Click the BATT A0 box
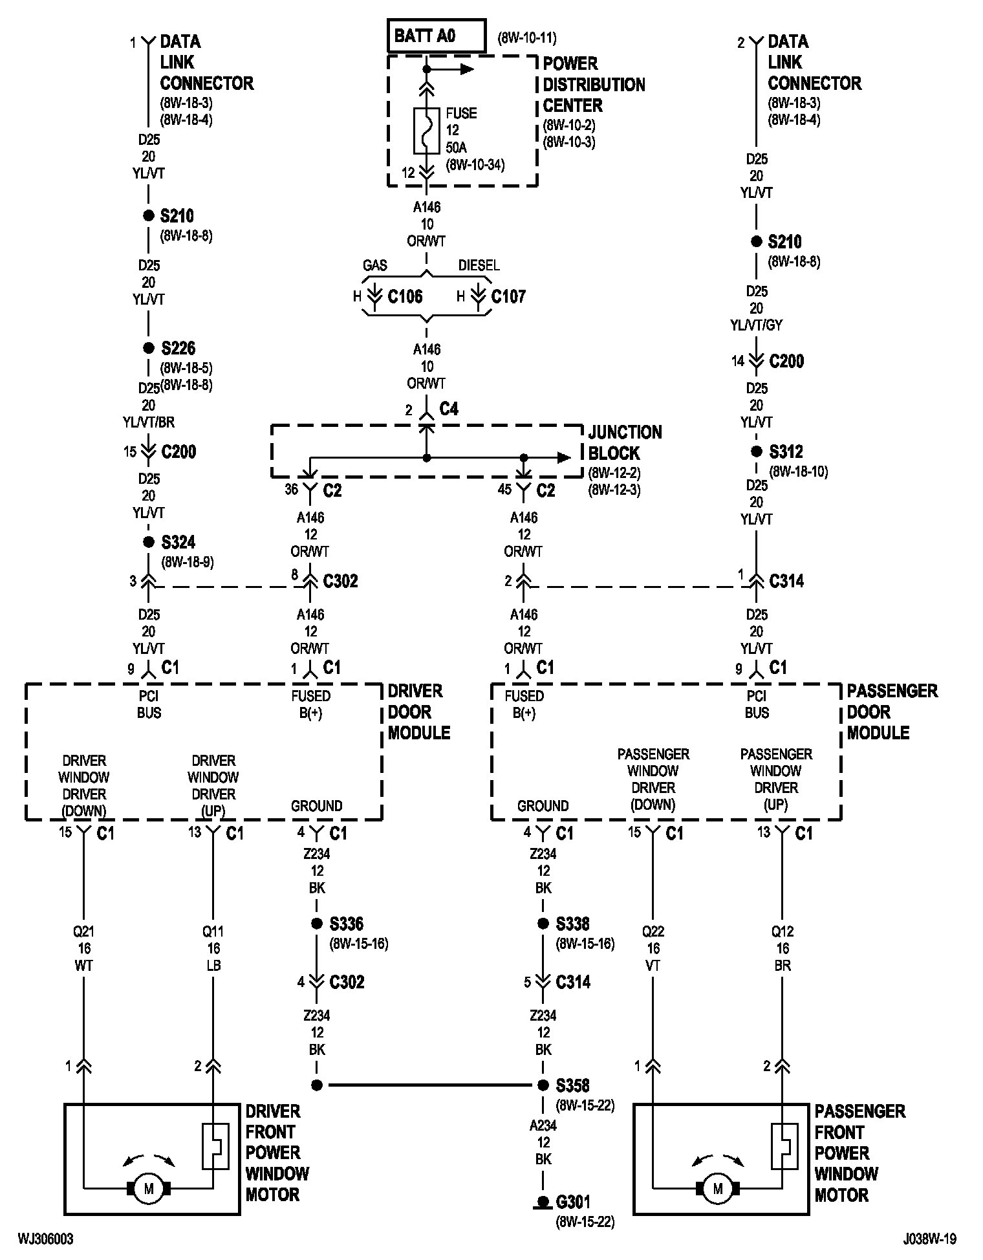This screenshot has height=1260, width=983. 436,36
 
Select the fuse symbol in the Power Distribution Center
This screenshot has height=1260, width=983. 426,130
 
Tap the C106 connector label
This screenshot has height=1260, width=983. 405,297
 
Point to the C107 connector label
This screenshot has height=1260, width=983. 508,297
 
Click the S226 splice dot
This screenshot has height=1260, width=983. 149,348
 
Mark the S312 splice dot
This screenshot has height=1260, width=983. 756,451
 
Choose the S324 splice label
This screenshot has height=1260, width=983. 178,542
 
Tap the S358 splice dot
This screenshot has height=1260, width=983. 543,1085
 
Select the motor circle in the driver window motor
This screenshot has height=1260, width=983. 149,1188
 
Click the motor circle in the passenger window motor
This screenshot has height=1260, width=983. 717,1188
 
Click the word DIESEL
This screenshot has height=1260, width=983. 479,265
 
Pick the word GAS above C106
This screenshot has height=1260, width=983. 375,265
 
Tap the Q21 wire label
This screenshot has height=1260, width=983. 84,931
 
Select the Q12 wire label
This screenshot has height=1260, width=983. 782,931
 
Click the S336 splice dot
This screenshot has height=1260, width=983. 317,924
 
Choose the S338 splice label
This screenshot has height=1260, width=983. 573,924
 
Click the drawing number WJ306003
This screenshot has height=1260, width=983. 46,1238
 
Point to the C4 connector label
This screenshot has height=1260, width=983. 449,409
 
